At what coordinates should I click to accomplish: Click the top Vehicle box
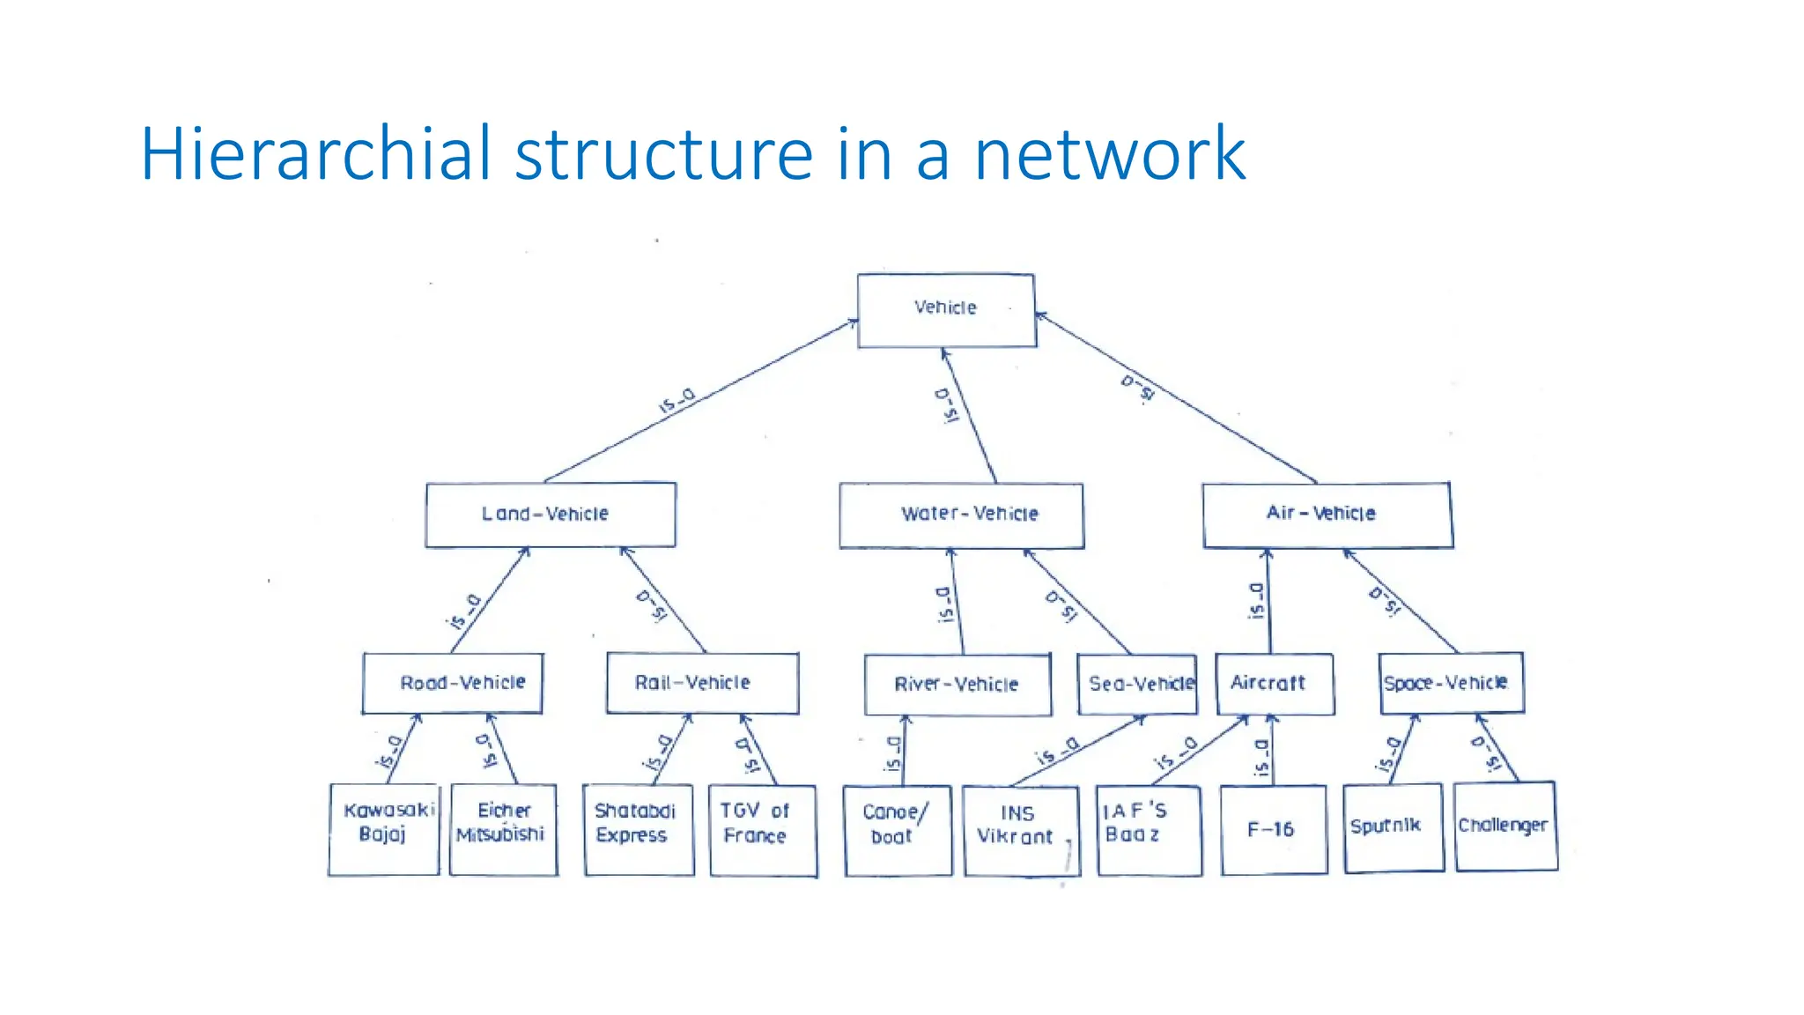click(946, 310)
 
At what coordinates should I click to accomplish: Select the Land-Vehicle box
click(551, 515)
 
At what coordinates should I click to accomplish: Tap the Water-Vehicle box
click(961, 515)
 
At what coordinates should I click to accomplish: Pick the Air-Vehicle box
click(1327, 515)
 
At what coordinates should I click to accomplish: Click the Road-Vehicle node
click(453, 683)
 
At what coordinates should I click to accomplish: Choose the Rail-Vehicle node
click(702, 683)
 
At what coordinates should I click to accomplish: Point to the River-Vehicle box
click(957, 685)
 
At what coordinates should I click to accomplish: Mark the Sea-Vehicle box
click(1137, 684)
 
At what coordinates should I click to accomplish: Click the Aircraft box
click(1274, 683)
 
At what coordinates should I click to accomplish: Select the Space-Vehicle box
click(1450, 683)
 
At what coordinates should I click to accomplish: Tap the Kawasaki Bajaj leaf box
click(383, 828)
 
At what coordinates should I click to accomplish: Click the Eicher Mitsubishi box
click(503, 828)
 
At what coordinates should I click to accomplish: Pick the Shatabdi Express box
click(638, 829)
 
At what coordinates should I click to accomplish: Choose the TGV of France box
click(763, 830)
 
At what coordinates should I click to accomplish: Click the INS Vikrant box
click(1021, 831)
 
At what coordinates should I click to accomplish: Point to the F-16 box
click(1273, 829)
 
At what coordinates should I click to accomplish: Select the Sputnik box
click(1393, 827)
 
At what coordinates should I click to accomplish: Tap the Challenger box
click(1505, 826)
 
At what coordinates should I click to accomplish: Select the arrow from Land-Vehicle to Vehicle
click(700, 402)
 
